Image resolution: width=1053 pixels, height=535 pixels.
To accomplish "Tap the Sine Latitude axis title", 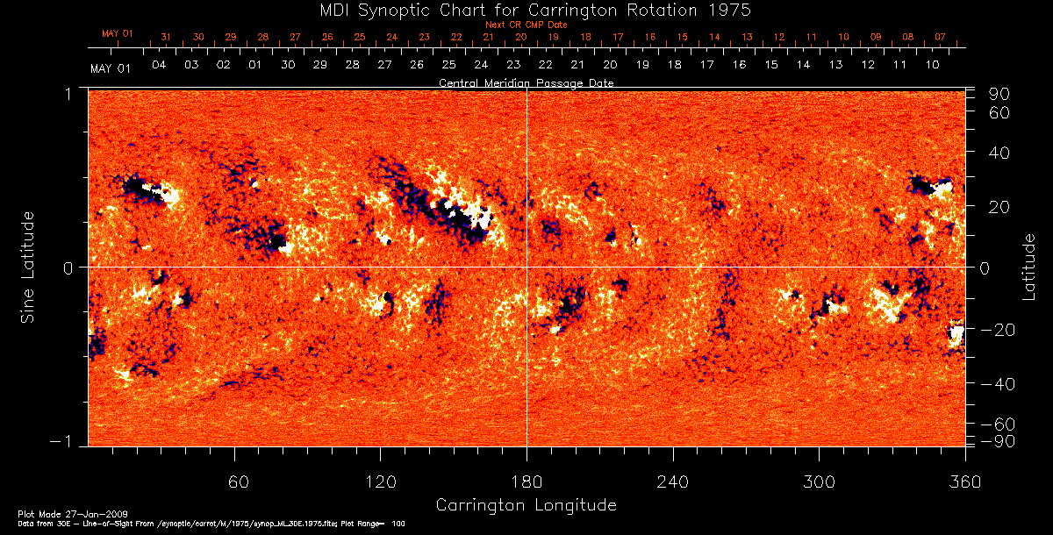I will [28, 267].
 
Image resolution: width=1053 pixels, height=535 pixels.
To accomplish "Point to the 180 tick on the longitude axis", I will [526, 481].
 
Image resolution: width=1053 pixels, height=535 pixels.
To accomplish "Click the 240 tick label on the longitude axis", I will [672, 481].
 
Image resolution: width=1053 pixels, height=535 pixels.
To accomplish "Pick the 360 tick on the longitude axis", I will [964, 481].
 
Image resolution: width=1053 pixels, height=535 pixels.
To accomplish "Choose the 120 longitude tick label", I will [380, 481].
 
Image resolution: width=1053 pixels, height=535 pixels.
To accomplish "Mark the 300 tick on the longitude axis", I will [818, 481].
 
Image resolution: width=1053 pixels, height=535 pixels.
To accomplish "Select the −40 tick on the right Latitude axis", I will [998, 384].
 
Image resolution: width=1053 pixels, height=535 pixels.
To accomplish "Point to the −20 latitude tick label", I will [998, 330].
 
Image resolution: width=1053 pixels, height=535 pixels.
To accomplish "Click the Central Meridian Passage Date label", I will [526, 82].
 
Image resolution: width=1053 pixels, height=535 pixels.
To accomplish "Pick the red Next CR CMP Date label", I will [526, 25].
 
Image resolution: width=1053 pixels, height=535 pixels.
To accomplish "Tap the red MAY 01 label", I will [117, 33].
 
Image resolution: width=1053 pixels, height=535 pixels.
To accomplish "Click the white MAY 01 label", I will [110, 68].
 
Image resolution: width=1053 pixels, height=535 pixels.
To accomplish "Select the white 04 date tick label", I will [159, 65].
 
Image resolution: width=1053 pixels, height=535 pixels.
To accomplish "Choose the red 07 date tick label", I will [940, 37].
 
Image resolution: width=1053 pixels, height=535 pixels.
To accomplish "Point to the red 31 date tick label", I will [166, 37].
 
